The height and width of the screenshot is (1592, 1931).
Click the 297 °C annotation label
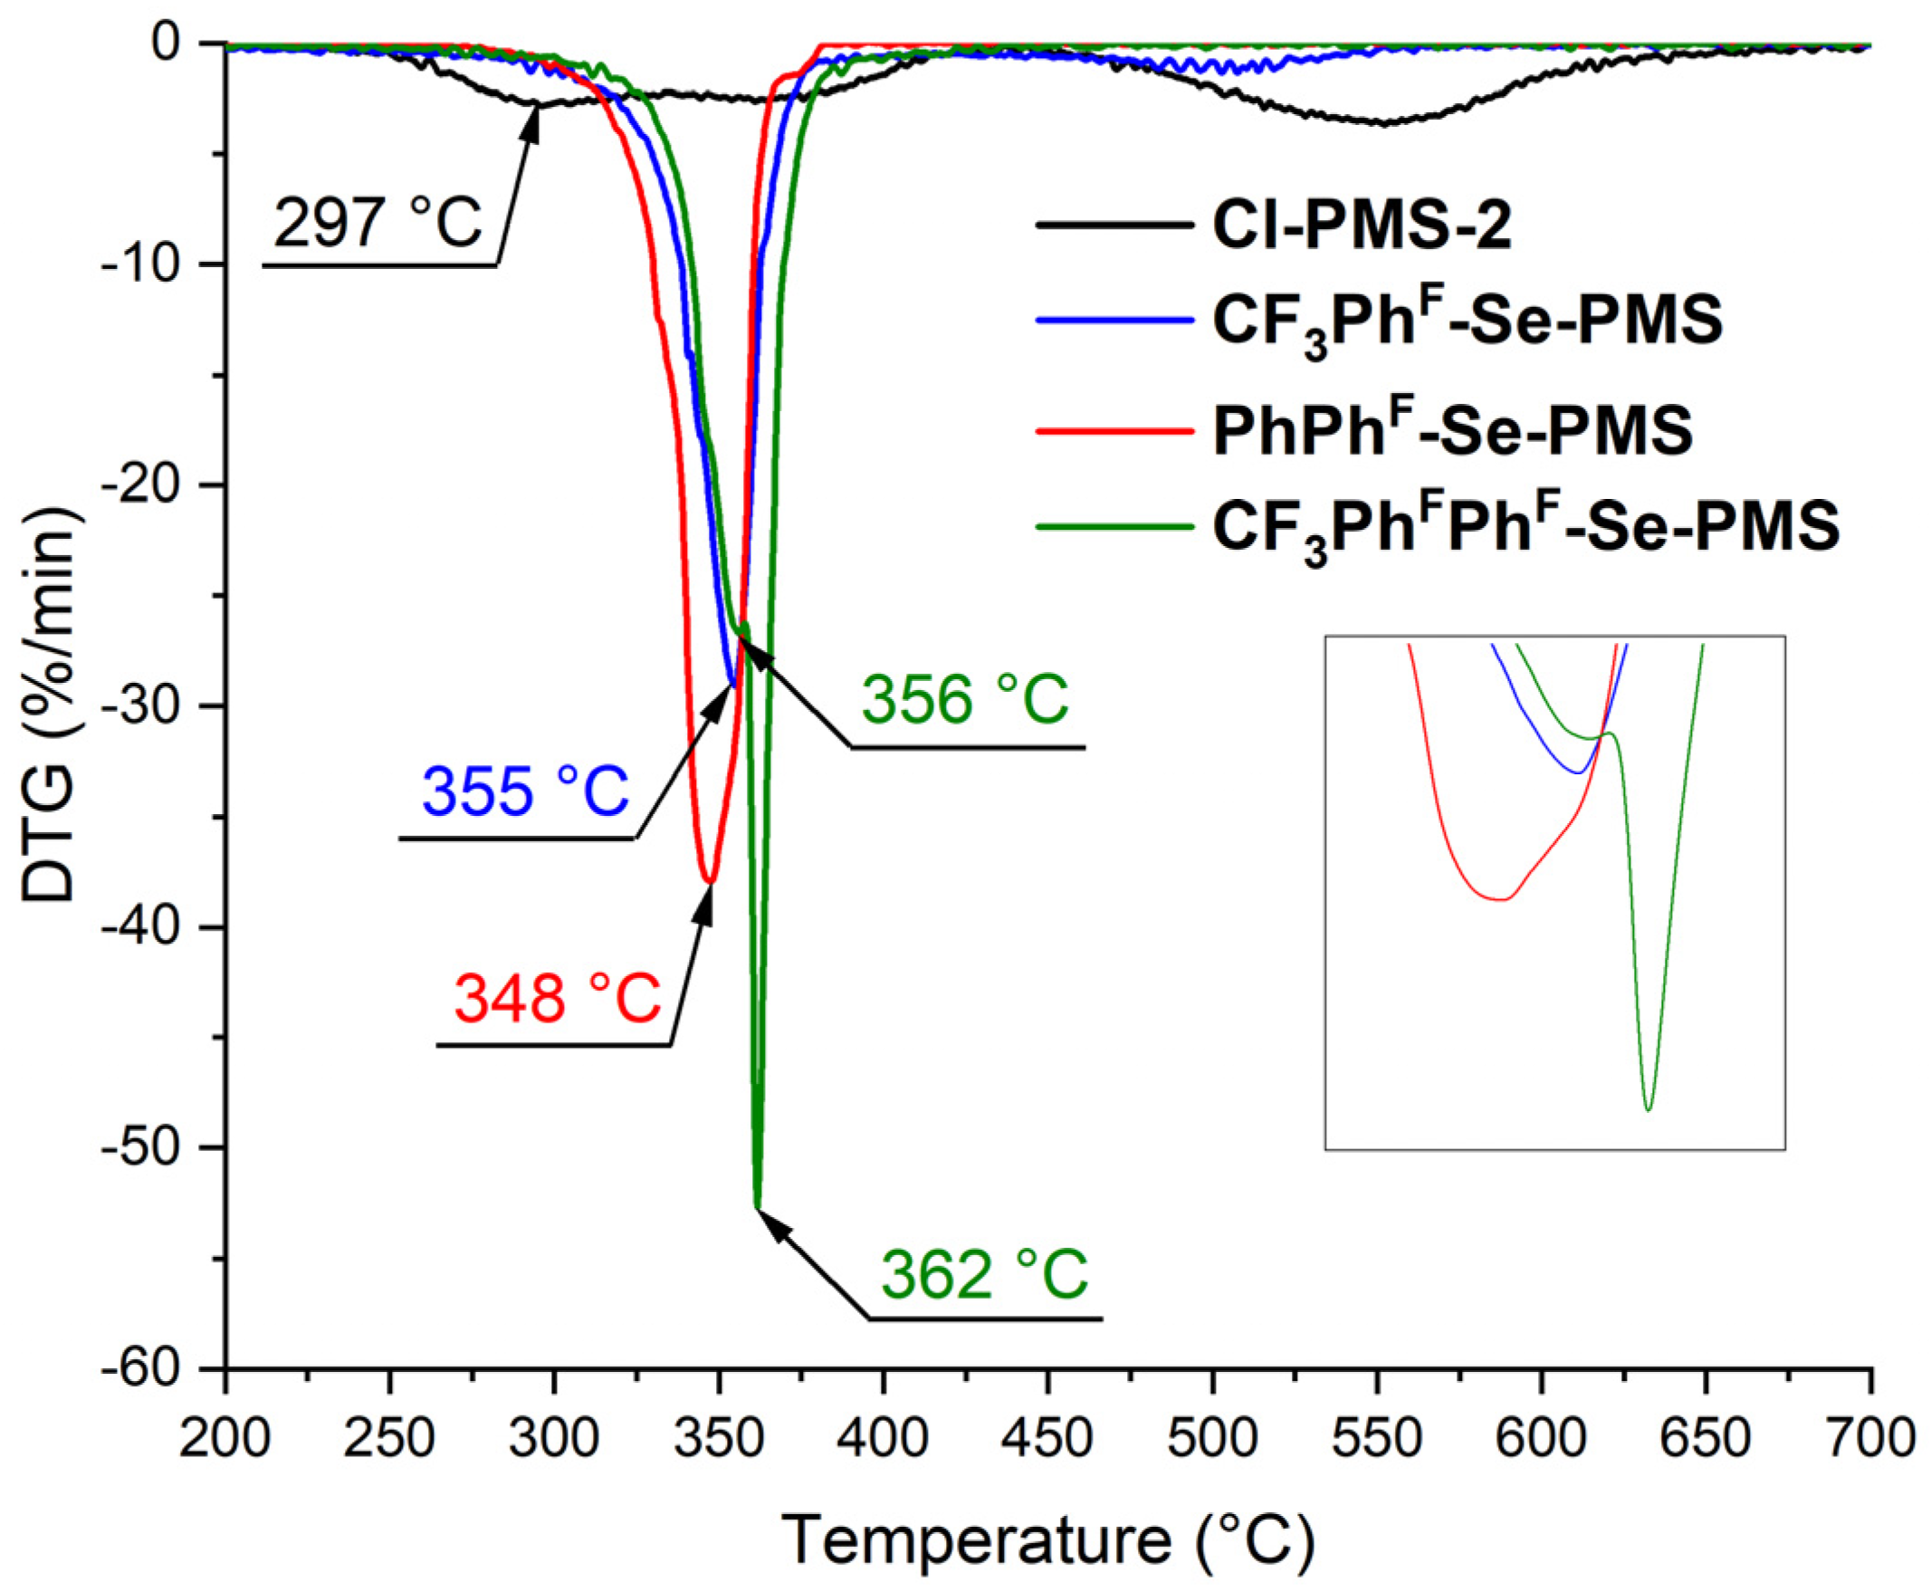point(377,223)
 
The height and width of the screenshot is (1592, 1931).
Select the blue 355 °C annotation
point(525,791)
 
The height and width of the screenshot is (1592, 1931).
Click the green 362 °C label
point(985,1274)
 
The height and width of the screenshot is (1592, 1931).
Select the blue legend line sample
point(1115,320)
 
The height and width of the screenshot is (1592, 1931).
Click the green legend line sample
point(1115,527)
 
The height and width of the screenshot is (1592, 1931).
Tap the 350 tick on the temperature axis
point(719,1439)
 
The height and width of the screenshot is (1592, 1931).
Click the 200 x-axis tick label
point(225,1439)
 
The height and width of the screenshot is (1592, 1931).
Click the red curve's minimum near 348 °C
point(709,881)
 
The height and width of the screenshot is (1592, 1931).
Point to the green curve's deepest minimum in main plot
point(758,1207)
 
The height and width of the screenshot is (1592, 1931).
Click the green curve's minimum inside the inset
point(1648,1110)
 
